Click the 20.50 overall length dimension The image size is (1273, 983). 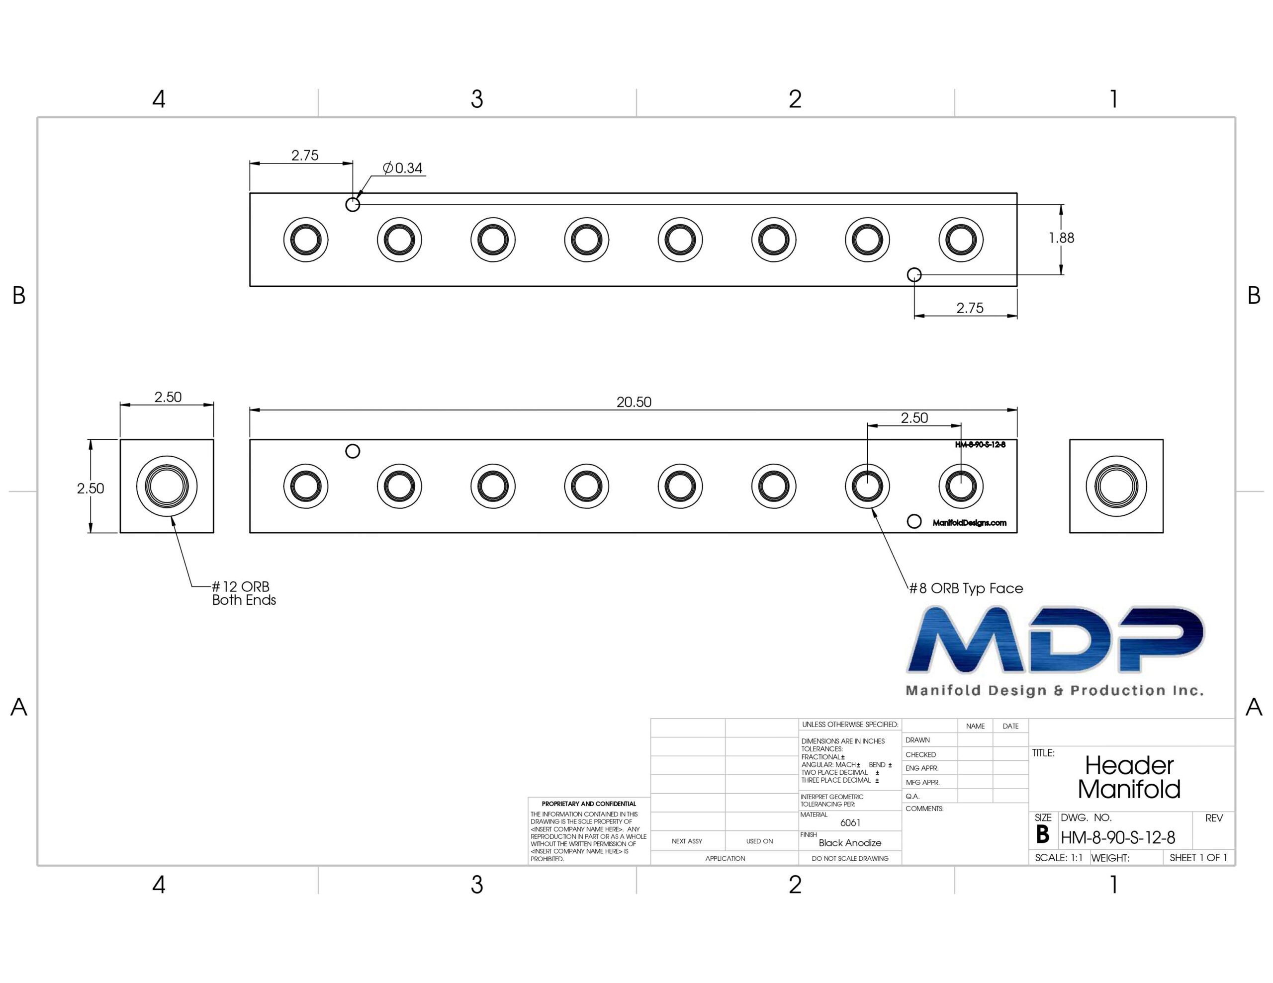click(634, 402)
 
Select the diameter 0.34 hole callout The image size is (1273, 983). click(402, 168)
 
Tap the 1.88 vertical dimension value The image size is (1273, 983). click(1062, 238)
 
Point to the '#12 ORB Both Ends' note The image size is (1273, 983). click(244, 593)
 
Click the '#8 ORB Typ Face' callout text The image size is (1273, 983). click(966, 588)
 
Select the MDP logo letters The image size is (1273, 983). click(1056, 639)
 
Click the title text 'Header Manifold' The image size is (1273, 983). click(1129, 777)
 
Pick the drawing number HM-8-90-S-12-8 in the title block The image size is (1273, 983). click(1118, 838)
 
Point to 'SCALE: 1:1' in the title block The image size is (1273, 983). click(1059, 858)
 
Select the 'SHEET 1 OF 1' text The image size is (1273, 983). click(1198, 858)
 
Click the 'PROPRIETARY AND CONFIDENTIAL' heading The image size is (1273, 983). click(589, 804)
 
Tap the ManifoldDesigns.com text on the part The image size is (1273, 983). click(969, 523)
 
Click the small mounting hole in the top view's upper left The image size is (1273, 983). click(353, 205)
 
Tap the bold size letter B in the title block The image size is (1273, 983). click(1043, 835)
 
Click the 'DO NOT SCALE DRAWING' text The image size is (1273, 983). click(850, 858)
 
